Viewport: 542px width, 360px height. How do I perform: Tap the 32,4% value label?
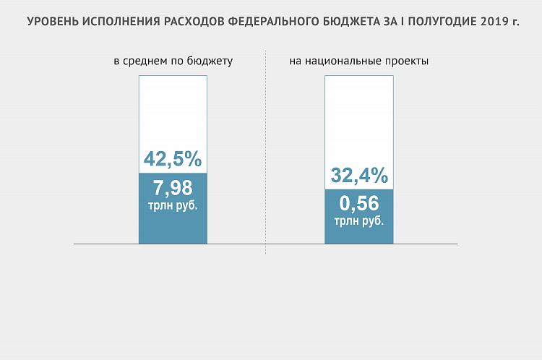click(x=359, y=176)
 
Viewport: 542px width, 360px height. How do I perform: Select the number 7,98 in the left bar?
click(x=173, y=189)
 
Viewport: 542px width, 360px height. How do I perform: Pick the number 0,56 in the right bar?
click(x=359, y=205)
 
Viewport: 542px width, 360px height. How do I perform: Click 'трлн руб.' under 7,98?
click(x=173, y=205)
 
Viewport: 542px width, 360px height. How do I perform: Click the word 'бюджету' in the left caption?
click(x=210, y=61)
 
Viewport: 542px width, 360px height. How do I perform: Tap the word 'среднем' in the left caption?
click(x=144, y=61)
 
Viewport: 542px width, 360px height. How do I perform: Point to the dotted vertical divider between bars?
click(x=266, y=152)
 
